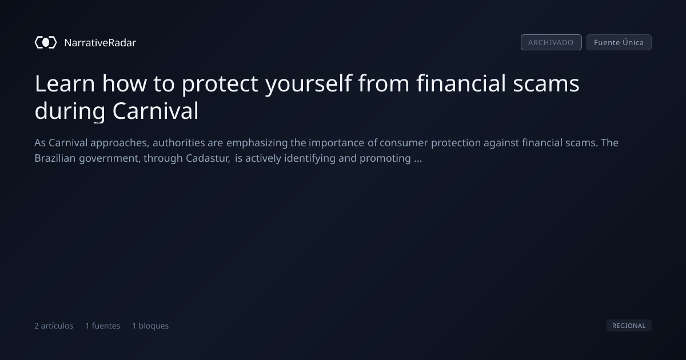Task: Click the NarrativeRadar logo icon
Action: (46, 42)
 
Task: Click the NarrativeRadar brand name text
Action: (100, 42)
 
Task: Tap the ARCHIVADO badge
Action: (551, 42)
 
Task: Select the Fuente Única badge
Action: (619, 42)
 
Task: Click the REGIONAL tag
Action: (629, 325)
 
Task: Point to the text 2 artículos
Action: (54, 326)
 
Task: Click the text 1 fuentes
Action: (102, 326)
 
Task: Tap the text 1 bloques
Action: (150, 326)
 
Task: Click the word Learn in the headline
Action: (65, 83)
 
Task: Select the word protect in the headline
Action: (220, 84)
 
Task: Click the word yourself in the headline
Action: (308, 84)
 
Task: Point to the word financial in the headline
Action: (461, 83)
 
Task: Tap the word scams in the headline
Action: (546, 84)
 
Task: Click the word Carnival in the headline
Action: (155, 111)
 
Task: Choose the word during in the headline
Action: (70, 111)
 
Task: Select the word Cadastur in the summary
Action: (208, 158)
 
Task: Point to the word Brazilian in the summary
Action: (55, 158)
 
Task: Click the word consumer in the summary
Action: (404, 143)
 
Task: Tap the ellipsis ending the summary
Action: (418, 161)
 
